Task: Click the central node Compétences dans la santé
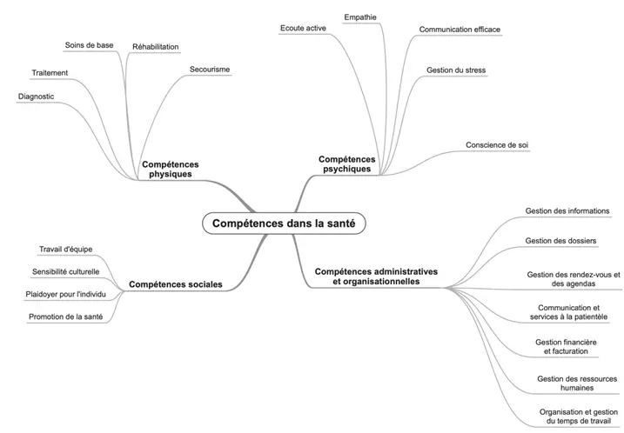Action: (284, 223)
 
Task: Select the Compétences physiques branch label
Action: (170, 169)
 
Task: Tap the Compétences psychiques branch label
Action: (346, 163)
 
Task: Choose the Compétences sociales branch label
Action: (175, 284)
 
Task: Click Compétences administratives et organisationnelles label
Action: (376, 276)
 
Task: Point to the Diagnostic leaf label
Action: (37, 97)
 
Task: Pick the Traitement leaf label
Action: (50, 73)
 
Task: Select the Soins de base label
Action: (89, 45)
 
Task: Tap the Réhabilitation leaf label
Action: (155, 46)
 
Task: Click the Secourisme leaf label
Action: (209, 69)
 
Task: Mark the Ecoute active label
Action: (303, 29)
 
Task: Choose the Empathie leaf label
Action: (360, 17)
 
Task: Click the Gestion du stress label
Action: (456, 69)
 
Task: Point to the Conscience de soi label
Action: (497, 144)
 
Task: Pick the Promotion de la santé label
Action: (66, 317)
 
